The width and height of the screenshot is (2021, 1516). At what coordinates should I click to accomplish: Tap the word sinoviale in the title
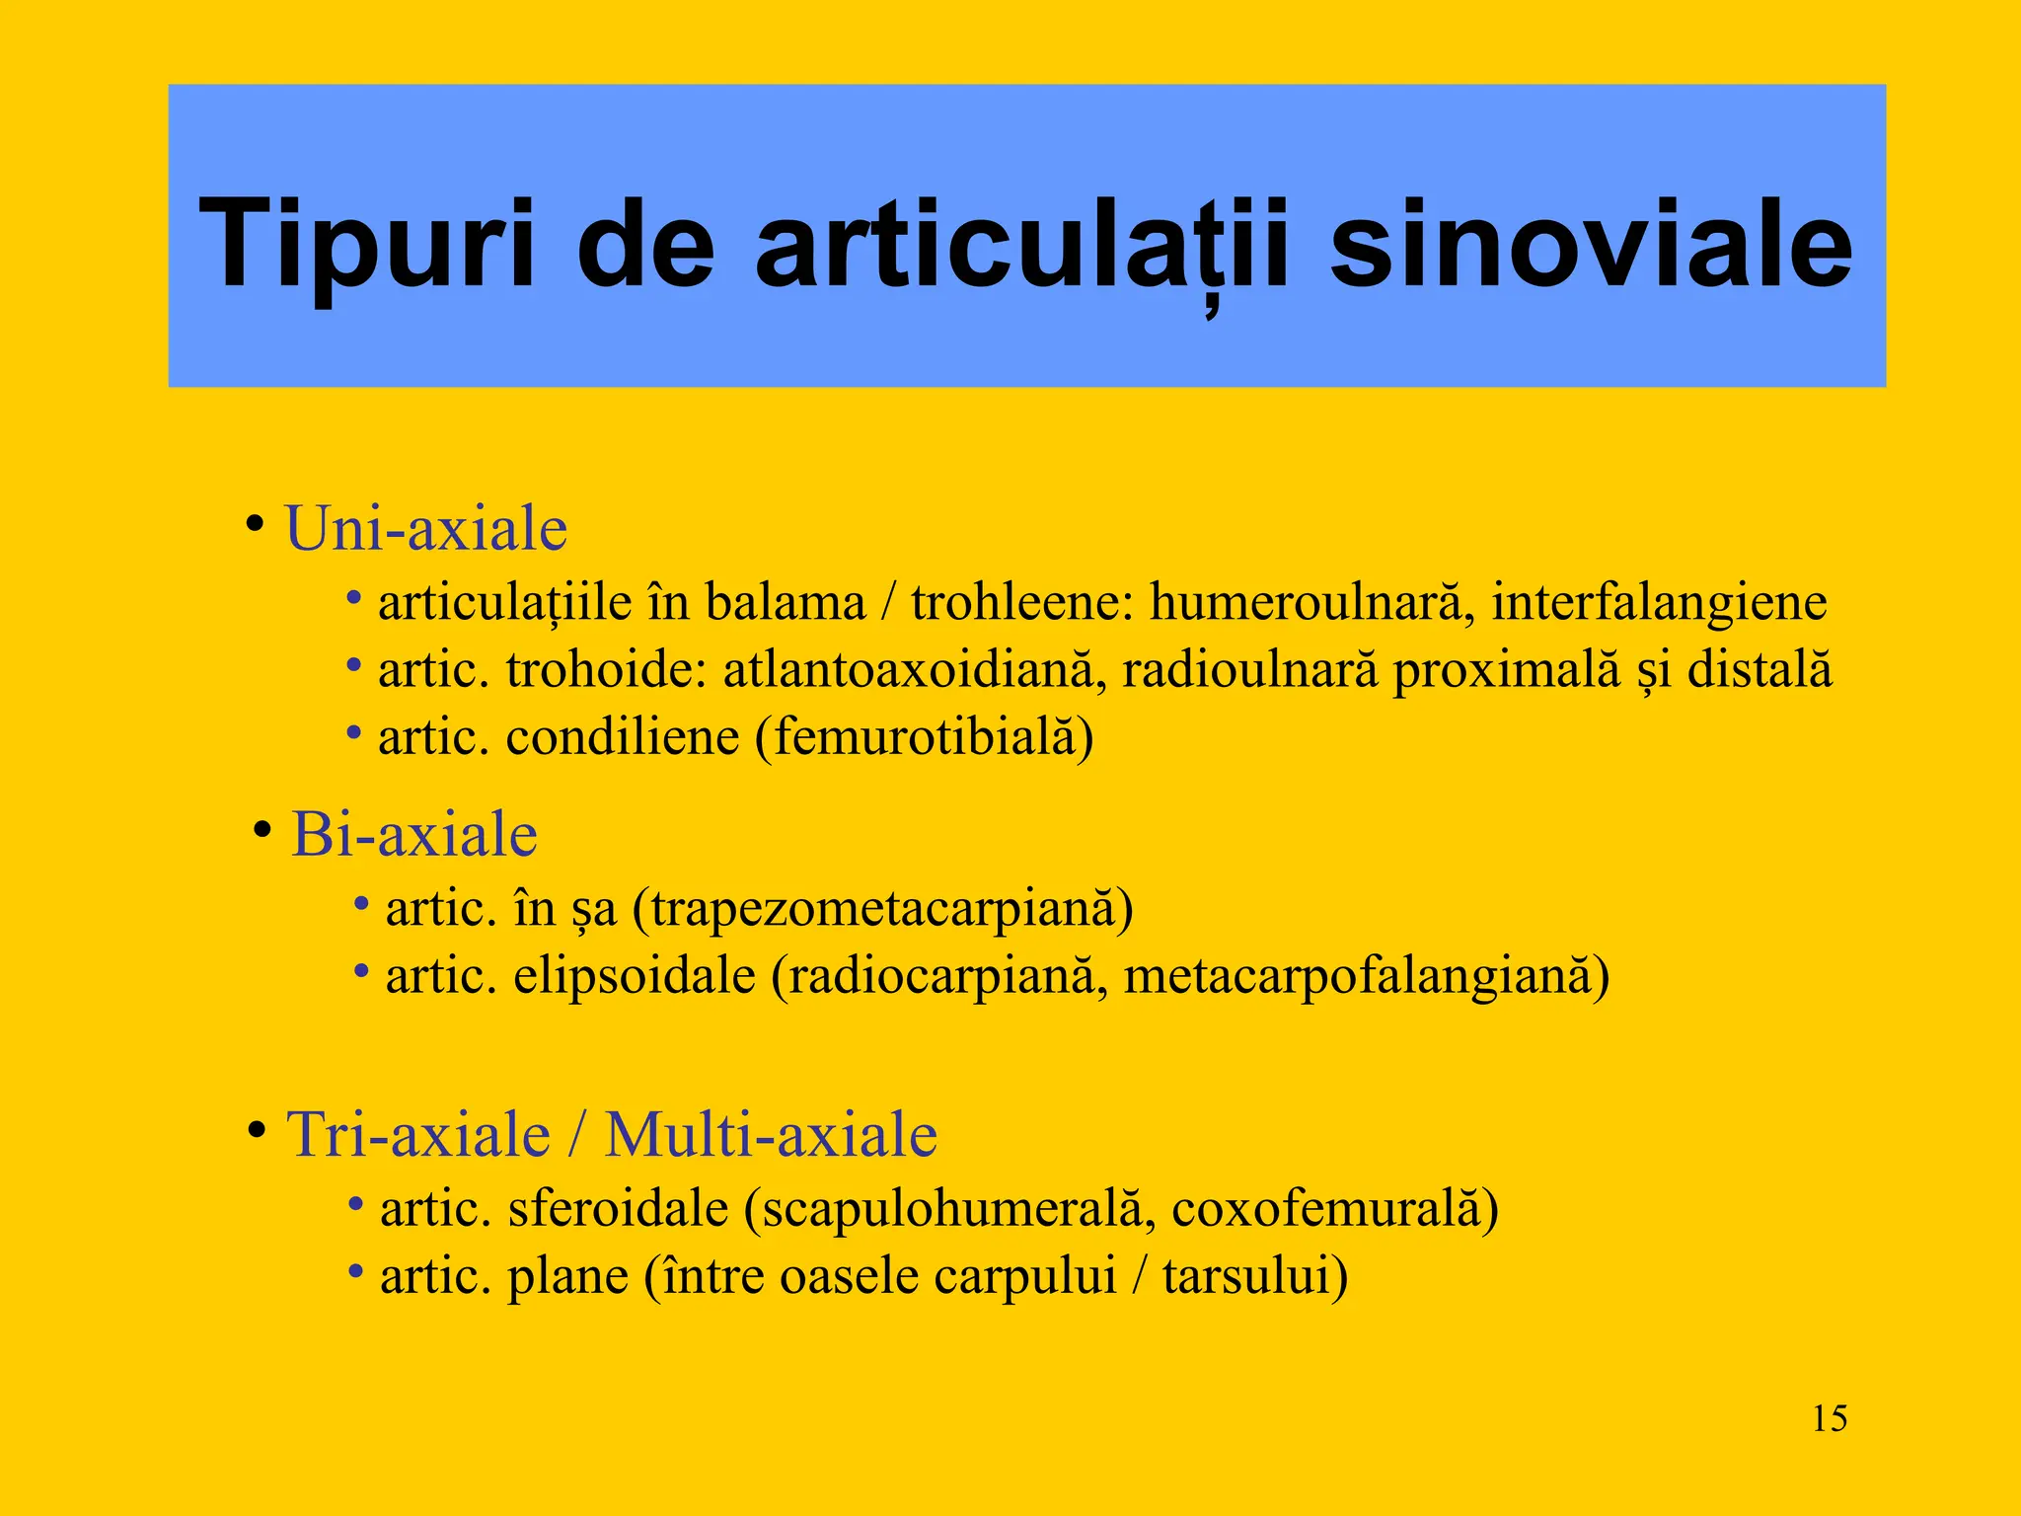(x=1590, y=244)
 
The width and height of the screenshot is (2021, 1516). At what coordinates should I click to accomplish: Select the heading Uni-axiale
(x=425, y=528)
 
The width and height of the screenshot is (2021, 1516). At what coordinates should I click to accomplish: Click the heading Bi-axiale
(x=413, y=834)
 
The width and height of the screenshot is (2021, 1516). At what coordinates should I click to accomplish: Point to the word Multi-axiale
(x=771, y=1134)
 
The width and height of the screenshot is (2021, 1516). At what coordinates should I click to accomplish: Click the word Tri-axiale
(x=418, y=1134)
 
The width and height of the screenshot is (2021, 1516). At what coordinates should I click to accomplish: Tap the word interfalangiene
(x=1658, y=602)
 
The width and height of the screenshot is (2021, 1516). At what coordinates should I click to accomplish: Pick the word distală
(x=1759, y=670)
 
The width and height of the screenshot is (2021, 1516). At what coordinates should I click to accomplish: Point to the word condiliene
(x=623, y=737)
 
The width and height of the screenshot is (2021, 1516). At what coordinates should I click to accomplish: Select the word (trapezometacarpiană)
(x=882, y=909)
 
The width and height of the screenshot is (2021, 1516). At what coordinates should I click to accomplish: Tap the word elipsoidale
(x=635, y=976)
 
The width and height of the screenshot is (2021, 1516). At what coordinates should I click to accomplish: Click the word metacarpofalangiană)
(x=1366, y=976)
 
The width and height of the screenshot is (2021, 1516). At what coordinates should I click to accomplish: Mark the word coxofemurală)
(x=1334, y=1209)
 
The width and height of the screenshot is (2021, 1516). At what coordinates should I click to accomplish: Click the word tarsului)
(x=1254, y=1276)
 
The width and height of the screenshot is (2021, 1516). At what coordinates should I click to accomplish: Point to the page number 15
(x=1829, y=1419)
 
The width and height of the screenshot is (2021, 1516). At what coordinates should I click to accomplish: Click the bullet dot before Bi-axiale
(x=262, y=829)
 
